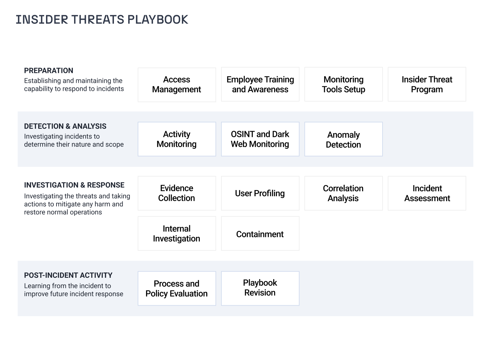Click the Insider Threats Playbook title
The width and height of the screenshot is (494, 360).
(x=102, y=19)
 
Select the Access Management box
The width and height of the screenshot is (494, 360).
(x=177, y=85)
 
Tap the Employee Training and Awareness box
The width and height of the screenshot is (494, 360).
(x=260, y=84)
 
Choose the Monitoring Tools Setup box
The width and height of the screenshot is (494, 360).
(x=344, y=84)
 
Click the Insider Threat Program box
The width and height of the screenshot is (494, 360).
(x=427, y=84)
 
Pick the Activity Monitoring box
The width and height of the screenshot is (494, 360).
(x=177, y=139)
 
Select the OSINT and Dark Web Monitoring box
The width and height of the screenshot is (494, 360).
(x=260, y=139)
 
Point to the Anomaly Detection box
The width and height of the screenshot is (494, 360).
(x=344, y=139)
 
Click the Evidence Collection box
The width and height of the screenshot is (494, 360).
(x=177, y=193)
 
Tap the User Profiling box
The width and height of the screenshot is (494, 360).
(x=260, y=193)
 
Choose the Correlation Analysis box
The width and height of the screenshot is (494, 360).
(x=344, y=193)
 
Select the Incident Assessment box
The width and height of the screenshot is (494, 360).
(x=427, y=193)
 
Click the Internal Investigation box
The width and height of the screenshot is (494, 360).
(x=177, y=233)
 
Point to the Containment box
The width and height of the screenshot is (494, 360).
(x=260, y=233)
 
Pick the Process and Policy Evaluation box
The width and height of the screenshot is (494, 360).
(x=177, y=289)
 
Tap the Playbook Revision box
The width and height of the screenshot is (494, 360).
(x=260, y=289)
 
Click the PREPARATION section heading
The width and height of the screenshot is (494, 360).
(x=48, y=71)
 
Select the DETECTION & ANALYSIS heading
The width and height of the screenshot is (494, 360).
(x=65, y=126)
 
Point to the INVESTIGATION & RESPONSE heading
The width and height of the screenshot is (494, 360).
(x=74, y=185)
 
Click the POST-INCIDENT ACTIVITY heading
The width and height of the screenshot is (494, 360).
(x=68, y=275)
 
